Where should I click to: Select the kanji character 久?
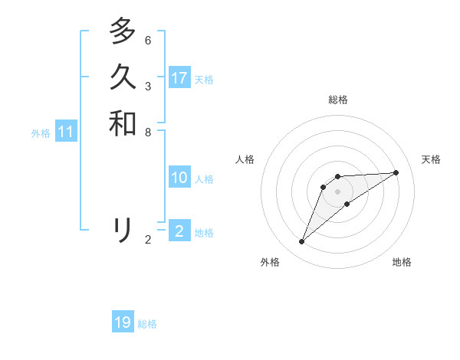[x=123, y=77]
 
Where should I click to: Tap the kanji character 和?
[x=123, y=123]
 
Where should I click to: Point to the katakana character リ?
[x=123, y=229]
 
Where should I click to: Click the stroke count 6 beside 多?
[x=148, y=40]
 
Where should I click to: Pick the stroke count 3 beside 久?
[x=148, y=86]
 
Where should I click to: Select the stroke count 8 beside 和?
[x=148, y=132]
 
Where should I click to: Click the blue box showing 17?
[x=179, y=78]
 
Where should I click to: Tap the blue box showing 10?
[x=179, y=178]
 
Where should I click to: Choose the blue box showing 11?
[x=66, y=132]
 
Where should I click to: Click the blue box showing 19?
[x=123, y=322]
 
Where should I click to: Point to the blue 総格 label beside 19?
[x=147, y=324]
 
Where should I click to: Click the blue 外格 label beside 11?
[x=41, y=133]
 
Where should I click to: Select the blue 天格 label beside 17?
[x=204, y=80]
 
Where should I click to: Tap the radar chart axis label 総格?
[x=338, y=100]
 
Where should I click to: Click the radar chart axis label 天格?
[x=432, y=159]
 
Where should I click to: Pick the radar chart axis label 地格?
[x=402, y=262]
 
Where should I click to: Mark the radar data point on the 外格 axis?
[x=302, y=242]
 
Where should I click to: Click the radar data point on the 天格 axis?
[x=396, y=172]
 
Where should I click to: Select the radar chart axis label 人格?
[x=245, y=159]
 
